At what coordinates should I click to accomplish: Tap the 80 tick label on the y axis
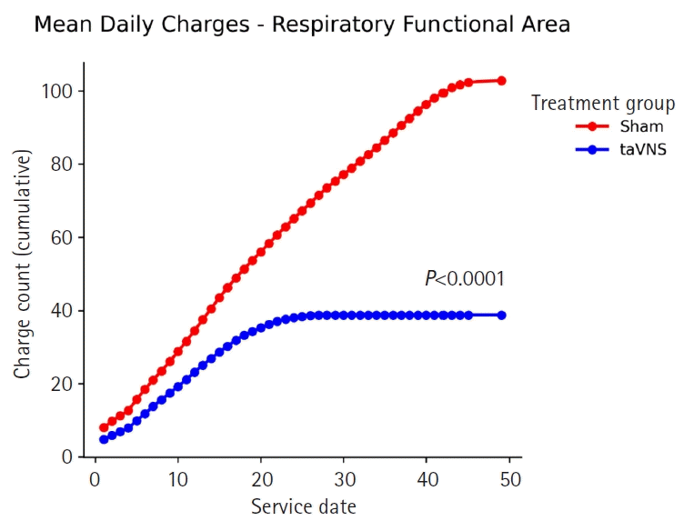pos(62,165)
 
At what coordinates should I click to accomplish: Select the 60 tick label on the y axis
pos(62,238)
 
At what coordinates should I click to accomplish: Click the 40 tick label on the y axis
pos(62,311)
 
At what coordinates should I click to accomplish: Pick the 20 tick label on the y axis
pos(62,384)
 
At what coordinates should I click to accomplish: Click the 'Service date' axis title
pos(303,506)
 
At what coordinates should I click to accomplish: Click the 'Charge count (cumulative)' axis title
pos(23,265)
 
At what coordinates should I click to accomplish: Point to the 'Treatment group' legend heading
pos(603,104)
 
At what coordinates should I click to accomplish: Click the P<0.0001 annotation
pos(464,279)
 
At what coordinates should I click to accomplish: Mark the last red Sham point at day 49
pos(501,81)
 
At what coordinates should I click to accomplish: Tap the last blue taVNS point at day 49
pos(501,315)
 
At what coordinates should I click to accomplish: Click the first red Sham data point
pos(104,427)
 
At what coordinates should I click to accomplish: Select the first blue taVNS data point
pos(104,439)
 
